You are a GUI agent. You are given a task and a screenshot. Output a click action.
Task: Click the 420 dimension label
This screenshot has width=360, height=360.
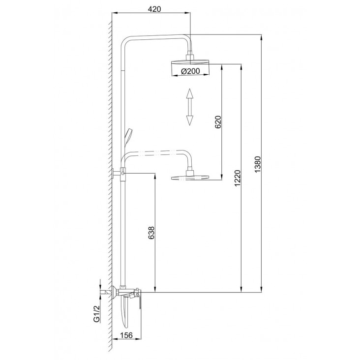point(154,9)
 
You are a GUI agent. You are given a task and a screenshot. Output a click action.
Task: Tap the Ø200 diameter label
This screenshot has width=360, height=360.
point(190,71)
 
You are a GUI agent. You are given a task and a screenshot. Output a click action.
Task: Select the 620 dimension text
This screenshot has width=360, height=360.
point(218,122)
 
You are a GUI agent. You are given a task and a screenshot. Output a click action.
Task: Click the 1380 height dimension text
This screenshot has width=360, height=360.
point(258,164)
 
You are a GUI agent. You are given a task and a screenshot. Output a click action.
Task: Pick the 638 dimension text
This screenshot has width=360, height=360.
point(151,233)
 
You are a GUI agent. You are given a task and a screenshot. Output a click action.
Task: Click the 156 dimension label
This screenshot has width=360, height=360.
point(126,335)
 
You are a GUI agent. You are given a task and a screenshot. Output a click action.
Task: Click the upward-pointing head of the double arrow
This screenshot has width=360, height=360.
point(190,93)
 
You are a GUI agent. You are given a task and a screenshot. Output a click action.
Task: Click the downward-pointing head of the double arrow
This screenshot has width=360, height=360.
point(190,120)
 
